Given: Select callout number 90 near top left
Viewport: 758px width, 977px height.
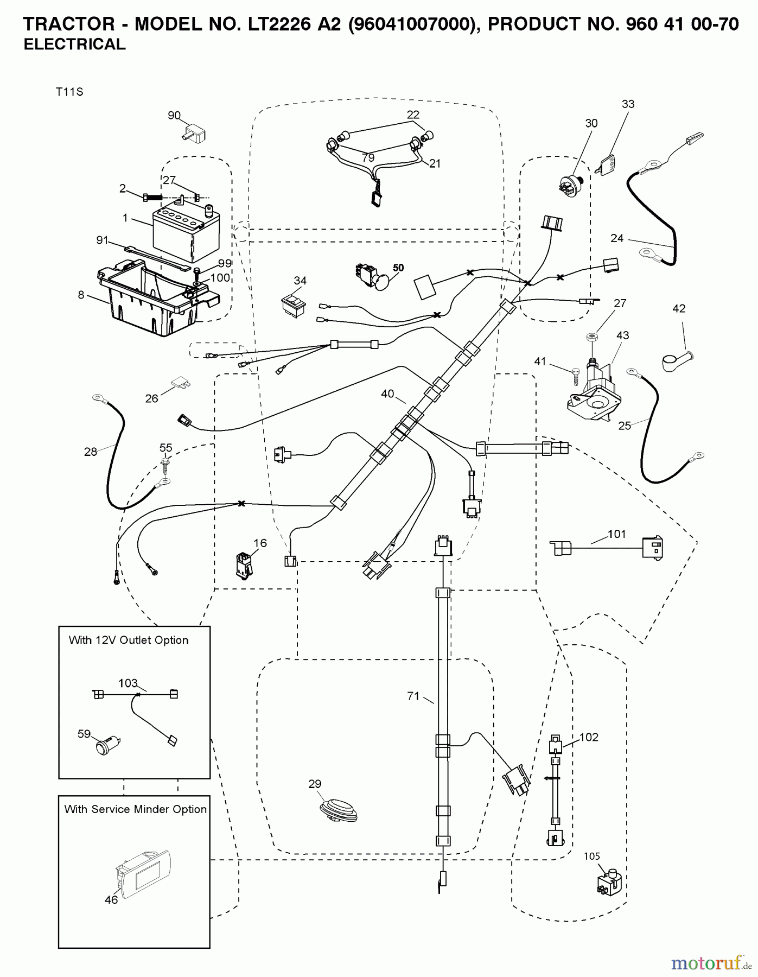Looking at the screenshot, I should [x=174, y=116].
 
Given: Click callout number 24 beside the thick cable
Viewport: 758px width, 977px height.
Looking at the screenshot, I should [x=617, y=238].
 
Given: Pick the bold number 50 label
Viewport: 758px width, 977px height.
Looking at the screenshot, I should [x=398, y=268].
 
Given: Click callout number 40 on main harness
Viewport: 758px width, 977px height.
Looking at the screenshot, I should [x=387, y=394].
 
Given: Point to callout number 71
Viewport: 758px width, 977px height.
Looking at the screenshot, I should [x=413, y=695].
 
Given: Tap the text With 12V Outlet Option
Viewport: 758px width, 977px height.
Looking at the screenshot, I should [x=129, y=640].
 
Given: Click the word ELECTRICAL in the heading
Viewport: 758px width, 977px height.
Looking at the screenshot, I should [x=75, y=45].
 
